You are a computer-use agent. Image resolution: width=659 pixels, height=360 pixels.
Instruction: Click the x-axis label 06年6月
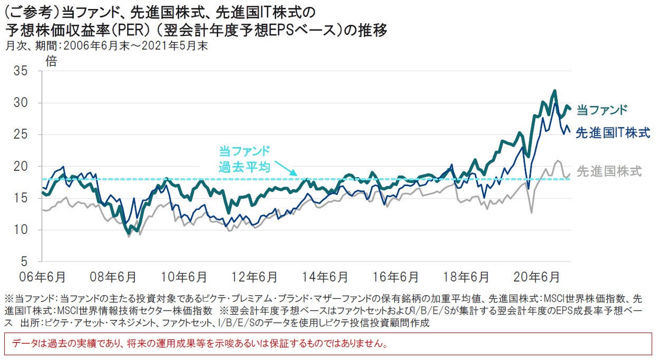[x=43, y=277]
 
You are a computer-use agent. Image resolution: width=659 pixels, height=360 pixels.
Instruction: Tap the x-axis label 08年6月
[x=113, y=277]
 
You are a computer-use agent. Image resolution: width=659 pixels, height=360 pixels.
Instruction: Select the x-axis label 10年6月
[x=183, y=277]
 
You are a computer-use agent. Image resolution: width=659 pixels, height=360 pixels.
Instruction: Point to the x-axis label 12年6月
[x=253, y=277]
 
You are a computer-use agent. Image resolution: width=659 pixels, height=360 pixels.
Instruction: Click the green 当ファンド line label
[x=602, y=110]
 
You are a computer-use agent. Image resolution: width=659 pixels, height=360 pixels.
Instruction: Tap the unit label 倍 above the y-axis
[x=51, y=61]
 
